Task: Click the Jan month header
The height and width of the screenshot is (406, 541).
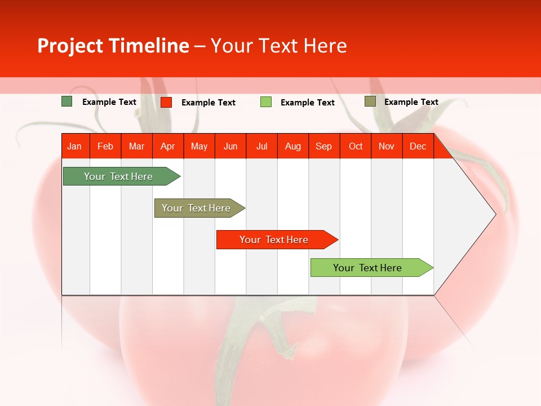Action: [74, 146]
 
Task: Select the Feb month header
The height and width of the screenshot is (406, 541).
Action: [105, 146]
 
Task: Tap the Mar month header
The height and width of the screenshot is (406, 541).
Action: [136, 146]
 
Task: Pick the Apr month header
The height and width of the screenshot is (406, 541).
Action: [168, 146]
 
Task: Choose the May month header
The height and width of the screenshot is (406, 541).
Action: [199, 146]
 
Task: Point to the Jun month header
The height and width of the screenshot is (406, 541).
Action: [230, 146]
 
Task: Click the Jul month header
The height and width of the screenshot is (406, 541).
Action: [261, 146]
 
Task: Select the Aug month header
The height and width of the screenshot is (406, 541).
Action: [293, 146]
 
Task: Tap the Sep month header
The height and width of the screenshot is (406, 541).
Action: [324, 146]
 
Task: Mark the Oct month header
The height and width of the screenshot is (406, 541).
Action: [356, 146]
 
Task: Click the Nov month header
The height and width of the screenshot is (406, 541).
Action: [387, 146]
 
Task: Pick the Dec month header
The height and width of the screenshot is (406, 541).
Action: [418, 146]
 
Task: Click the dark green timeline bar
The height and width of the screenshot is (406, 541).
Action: [118, 176]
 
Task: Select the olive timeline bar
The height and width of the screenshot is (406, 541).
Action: [196, 208]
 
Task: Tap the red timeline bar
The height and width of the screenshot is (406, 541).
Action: [274, 240]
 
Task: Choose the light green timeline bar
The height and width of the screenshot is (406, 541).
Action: [367, 268]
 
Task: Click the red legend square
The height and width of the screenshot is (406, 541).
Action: [166, 102]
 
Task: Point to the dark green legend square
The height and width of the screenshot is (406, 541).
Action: [67, 101]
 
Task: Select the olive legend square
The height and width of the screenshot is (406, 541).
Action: [370, 101]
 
